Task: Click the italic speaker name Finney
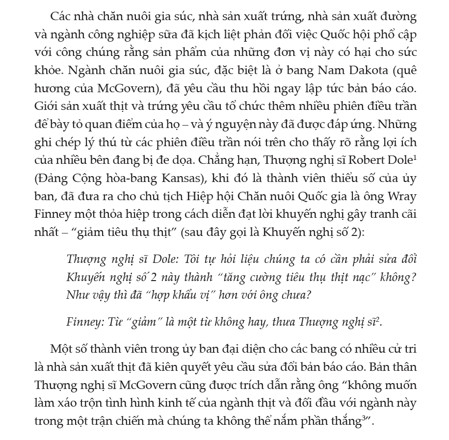[x=81, y=322]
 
